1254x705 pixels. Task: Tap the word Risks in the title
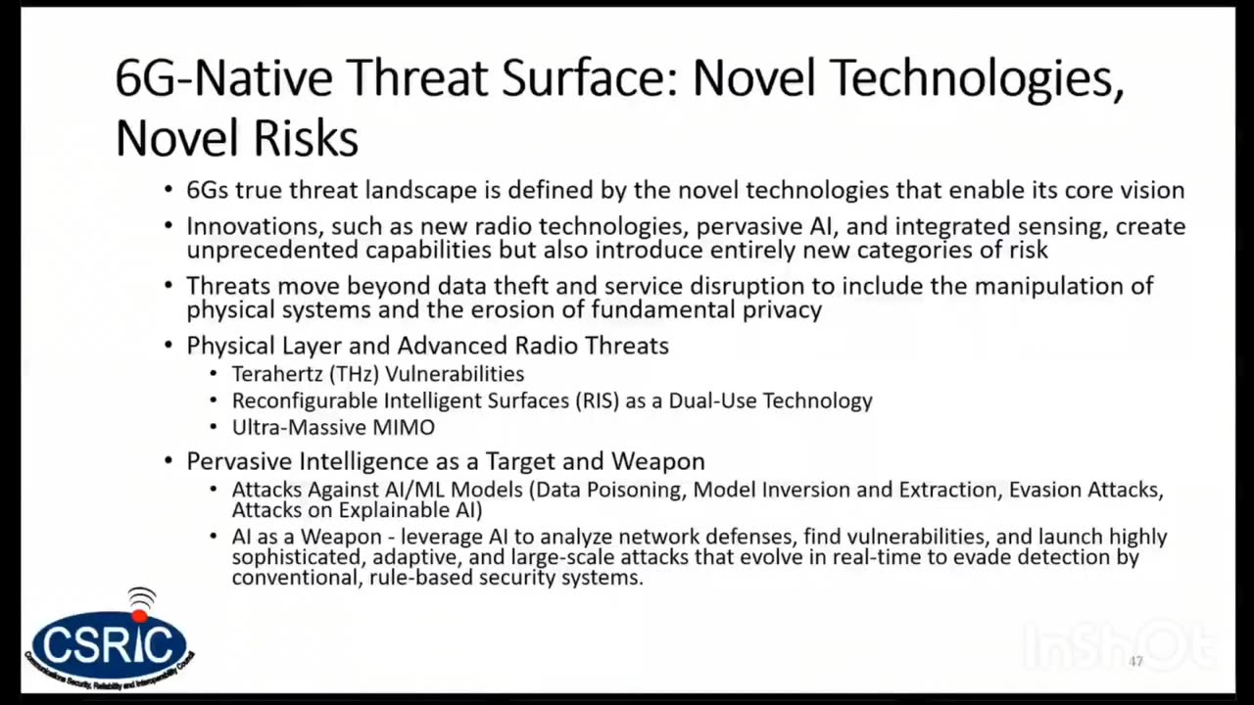point(306,138)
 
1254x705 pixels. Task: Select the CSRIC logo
point(109,639)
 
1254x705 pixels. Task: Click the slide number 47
point(1135,661)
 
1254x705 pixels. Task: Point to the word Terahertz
point(277,374)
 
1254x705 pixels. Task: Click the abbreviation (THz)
point(354,374)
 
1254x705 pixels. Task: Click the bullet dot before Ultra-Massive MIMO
point(214,428)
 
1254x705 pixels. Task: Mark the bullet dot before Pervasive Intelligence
point(169,461)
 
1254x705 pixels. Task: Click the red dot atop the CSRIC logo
point(140,616)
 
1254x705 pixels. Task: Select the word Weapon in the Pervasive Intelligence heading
point(657,461)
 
